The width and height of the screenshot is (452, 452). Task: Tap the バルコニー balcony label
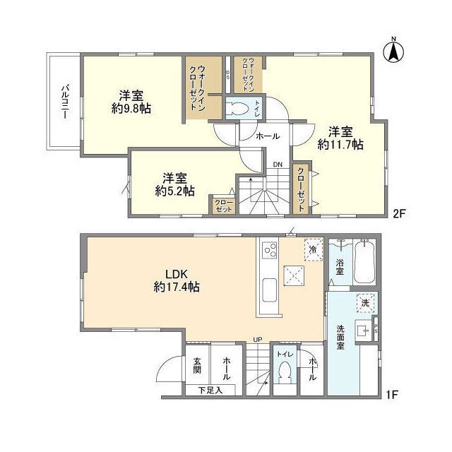[64, 102]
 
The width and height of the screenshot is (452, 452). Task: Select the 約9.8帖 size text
[131, 109]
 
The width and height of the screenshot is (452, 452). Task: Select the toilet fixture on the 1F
[285, 372]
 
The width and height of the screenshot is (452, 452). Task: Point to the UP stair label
[257, 340]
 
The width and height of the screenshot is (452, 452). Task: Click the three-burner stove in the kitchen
[270, 249]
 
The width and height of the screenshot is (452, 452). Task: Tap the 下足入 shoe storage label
[208, 389]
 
